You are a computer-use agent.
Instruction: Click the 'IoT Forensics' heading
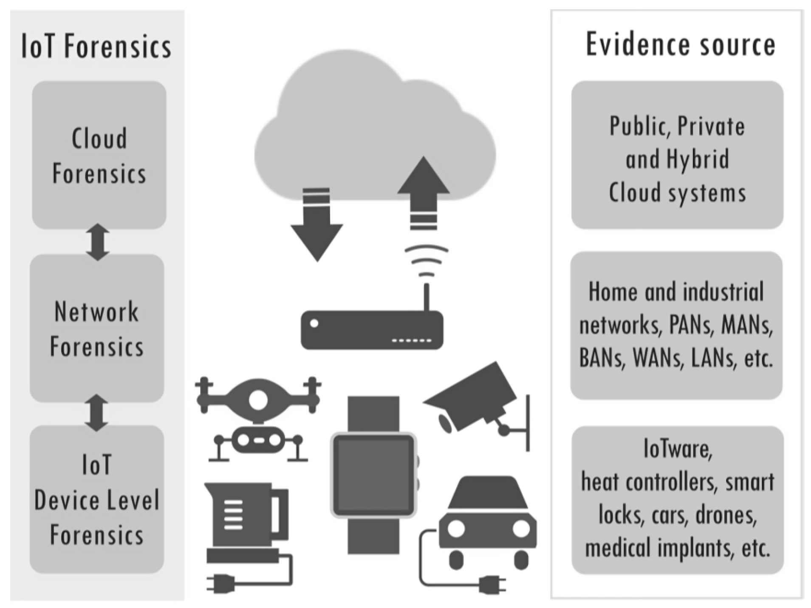click(96, 46)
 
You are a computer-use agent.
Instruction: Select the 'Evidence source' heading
click(680, 45)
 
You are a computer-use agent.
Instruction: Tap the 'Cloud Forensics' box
click(99, 155)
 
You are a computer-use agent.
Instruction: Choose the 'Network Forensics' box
click(97, 328)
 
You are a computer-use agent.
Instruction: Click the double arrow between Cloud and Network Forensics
click(98, 242)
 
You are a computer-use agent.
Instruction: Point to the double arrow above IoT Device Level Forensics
click(96, 413)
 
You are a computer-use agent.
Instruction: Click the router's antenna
click(427, 297)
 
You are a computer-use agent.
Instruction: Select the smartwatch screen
click(373, 475)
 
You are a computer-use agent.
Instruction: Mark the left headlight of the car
click(456, 528)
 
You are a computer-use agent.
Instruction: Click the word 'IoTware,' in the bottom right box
click(678, 449)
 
